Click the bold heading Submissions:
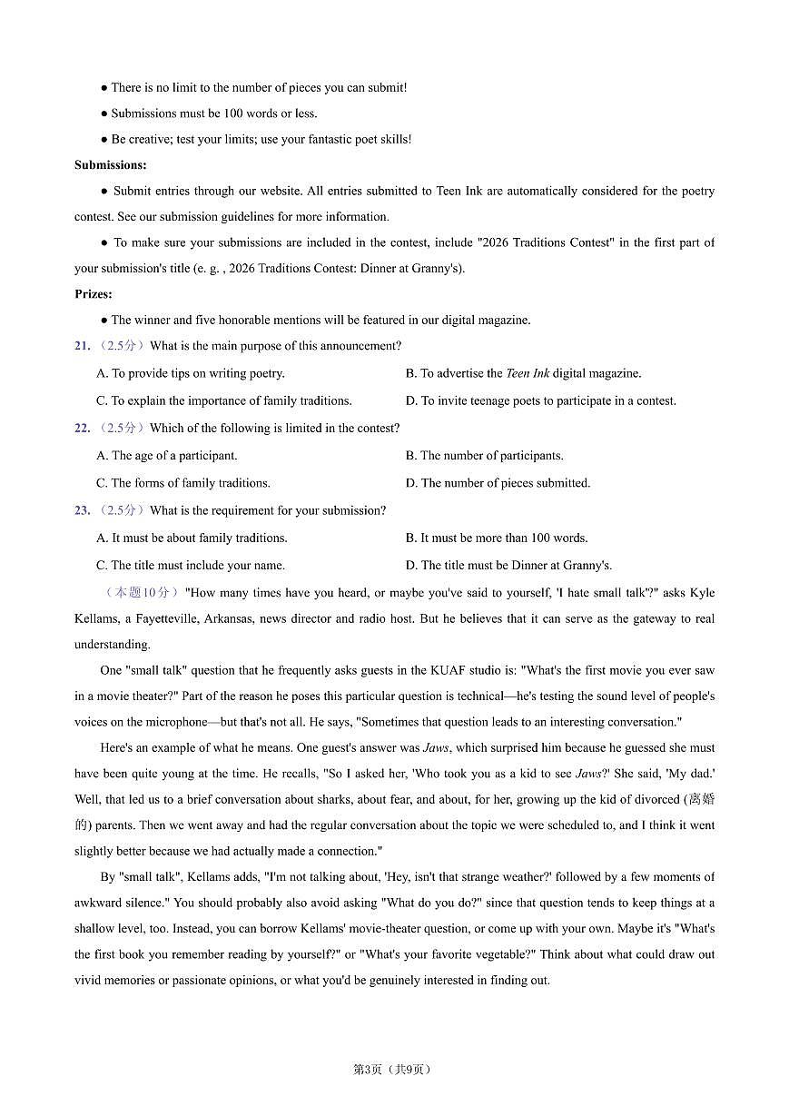coord(110,165)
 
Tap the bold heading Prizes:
coord(94,294)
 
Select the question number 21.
coord(82,346)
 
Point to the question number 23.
coord(82,510)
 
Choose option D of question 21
coord(540,400)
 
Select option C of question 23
coord(190,565)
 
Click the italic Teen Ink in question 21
coord(527,373)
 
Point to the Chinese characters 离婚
coord(700,799)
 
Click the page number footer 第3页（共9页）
coord(391,1069)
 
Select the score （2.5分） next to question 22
coord(120,429)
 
